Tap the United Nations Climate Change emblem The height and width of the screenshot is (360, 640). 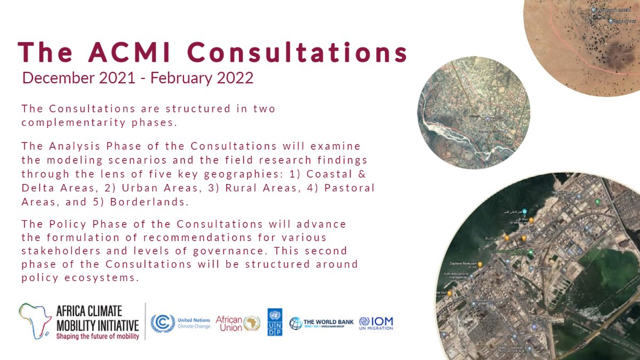point(162,323)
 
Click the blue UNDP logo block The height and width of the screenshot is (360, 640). point(275,322)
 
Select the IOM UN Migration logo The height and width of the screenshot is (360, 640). point(376,323)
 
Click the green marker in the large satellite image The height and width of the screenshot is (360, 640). point(598,202)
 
